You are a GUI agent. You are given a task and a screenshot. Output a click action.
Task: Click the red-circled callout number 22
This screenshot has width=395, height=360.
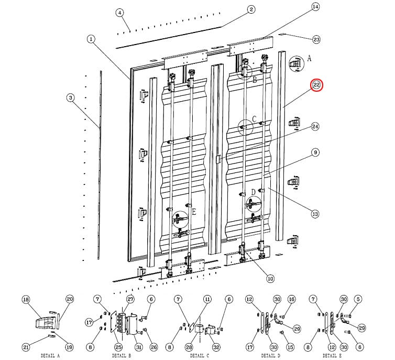click(x=317, y=85)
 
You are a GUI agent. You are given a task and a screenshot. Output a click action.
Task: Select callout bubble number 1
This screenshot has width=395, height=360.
click(x=91, y=39)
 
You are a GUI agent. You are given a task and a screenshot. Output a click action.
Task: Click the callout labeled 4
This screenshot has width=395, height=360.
click(x=119, y=13)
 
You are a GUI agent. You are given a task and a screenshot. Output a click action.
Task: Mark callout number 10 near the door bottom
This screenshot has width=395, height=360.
click(x=270, y=278)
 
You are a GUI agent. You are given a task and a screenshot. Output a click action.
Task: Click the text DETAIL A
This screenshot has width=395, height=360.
click(x=50, y=355)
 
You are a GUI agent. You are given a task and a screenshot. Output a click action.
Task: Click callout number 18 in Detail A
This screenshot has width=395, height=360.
click(x=26, y=299)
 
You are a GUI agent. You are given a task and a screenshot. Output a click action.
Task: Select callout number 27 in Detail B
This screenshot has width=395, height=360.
click(x=130, y=299)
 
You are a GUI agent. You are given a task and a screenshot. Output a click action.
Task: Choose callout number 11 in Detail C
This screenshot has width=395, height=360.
click(x=207, y=299)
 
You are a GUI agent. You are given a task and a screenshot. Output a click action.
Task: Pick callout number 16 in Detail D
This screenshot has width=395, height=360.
click(x=292, y=299)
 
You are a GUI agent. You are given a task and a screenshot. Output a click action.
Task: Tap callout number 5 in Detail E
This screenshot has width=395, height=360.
click(x=358, y=299)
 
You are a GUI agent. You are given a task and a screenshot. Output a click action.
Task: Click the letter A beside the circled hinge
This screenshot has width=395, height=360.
click(x=309, y=59)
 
